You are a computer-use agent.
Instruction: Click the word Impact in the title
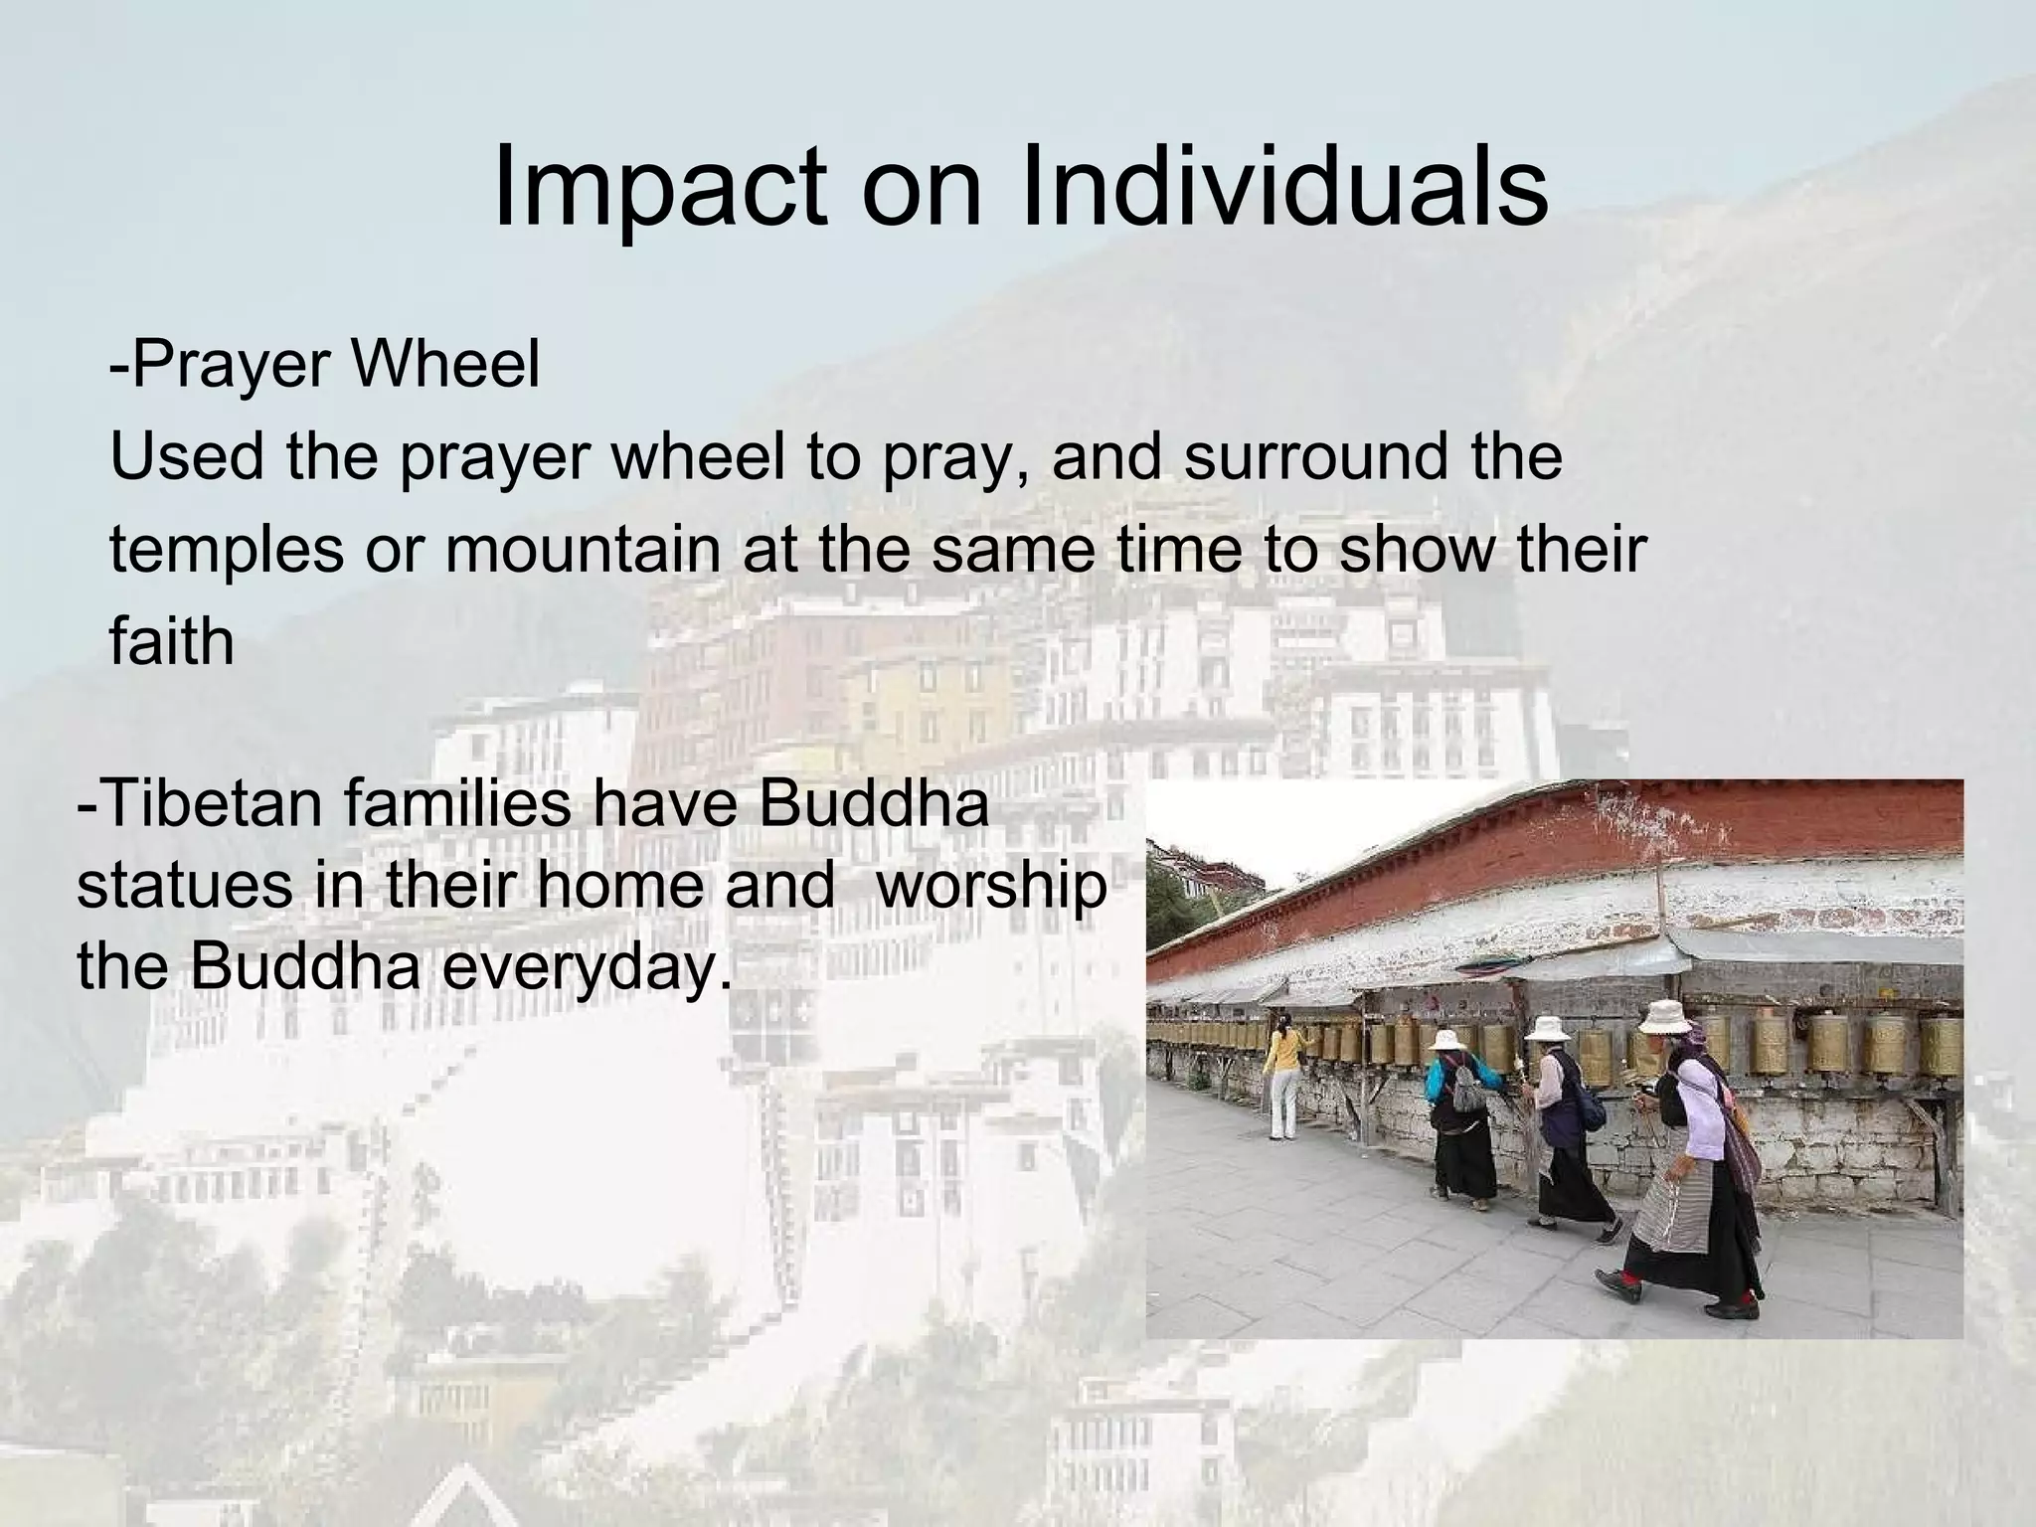click(x=659, y=187)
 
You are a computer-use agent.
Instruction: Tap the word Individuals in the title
click(x=1282, y=187)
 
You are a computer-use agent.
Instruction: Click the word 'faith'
click(x=171, y=641)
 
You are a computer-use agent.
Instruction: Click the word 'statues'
click(x=185, y=884)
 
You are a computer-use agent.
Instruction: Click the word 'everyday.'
click(x=587, y=964)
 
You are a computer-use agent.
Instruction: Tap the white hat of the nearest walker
click(x=1664, y=1018)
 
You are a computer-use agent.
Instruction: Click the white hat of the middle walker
click(x=1548, y=1029)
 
